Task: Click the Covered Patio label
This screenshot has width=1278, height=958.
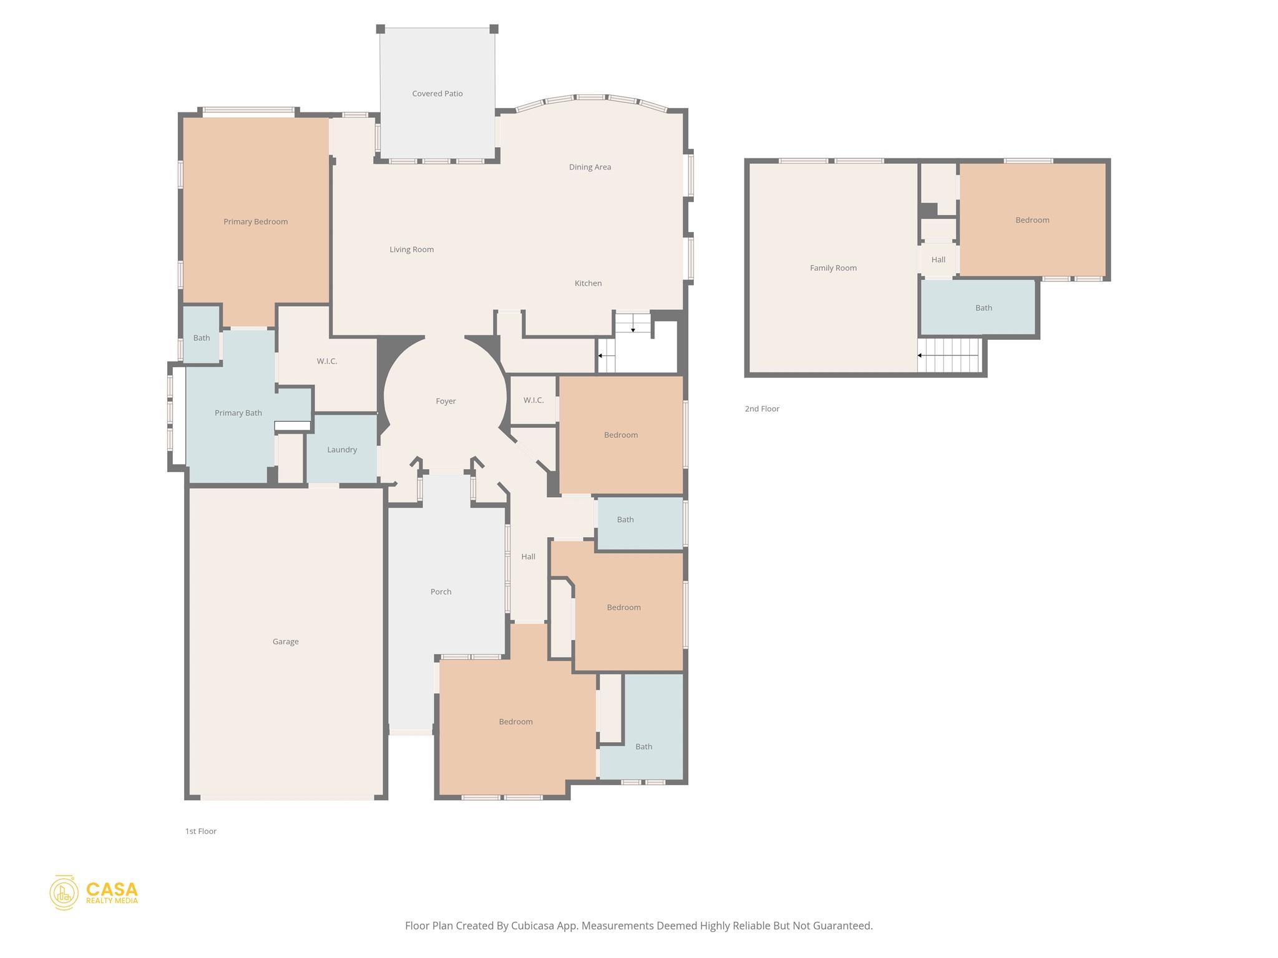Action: point(437,94)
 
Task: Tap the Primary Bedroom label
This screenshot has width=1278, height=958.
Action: point(255,221)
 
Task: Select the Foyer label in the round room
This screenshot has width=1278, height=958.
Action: point(446,401)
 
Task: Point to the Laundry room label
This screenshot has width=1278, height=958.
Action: point(342,450)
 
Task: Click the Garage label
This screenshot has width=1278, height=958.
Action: point(285,641)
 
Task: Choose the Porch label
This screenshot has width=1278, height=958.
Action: point(441,591)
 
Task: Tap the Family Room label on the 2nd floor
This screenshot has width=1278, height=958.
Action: point(833,268)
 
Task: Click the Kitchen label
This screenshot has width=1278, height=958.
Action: point(588,283)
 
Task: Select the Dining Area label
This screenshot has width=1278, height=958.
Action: point(590,167)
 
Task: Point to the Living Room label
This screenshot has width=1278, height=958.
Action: point(411,249)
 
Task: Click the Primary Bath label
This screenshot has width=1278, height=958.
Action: point(238,413)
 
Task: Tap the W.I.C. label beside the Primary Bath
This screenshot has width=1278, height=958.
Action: point(326,361)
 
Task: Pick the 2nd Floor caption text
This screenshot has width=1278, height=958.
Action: point(762,409)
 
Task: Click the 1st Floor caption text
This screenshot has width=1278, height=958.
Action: point(200,831)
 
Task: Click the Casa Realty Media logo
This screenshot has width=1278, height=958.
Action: point(94,893)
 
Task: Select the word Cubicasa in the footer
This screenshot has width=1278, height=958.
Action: point(534,926)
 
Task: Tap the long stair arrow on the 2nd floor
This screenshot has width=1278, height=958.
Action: point(947,356)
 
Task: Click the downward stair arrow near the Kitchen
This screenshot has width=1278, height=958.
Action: point(633,325)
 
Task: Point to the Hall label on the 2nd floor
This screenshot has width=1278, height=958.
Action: point(938,260)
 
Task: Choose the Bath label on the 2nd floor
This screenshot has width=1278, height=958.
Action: point(983,308)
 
